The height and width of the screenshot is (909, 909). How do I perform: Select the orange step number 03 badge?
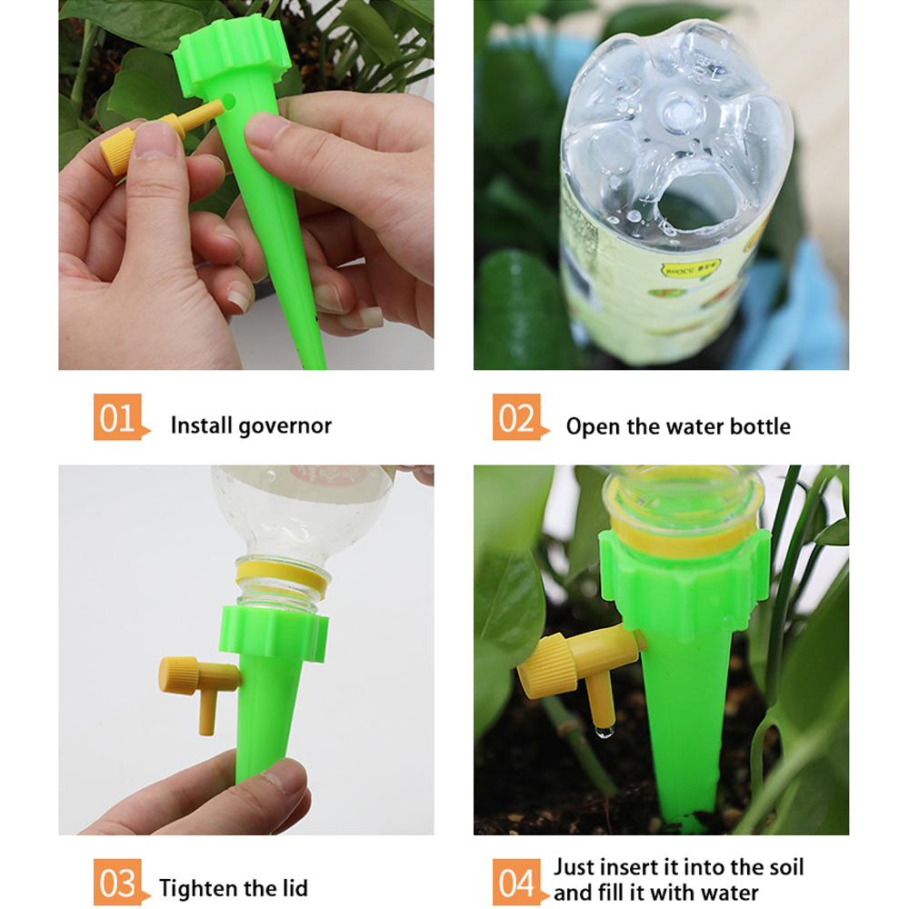coord(118,883)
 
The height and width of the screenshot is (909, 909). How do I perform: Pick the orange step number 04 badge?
coord(517,883)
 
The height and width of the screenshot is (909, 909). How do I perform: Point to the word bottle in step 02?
coord(759,426)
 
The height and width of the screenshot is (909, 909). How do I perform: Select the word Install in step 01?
coord(202,425)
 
